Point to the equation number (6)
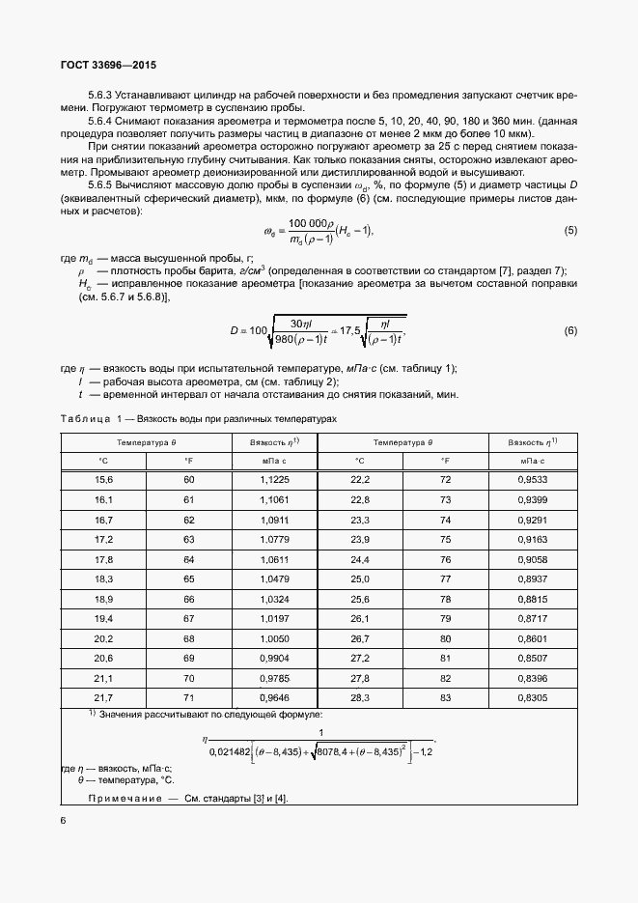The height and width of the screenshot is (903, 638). pos(569,331)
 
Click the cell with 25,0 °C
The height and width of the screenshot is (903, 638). pos(359,578)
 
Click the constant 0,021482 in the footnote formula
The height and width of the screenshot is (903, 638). pos(236,751)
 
